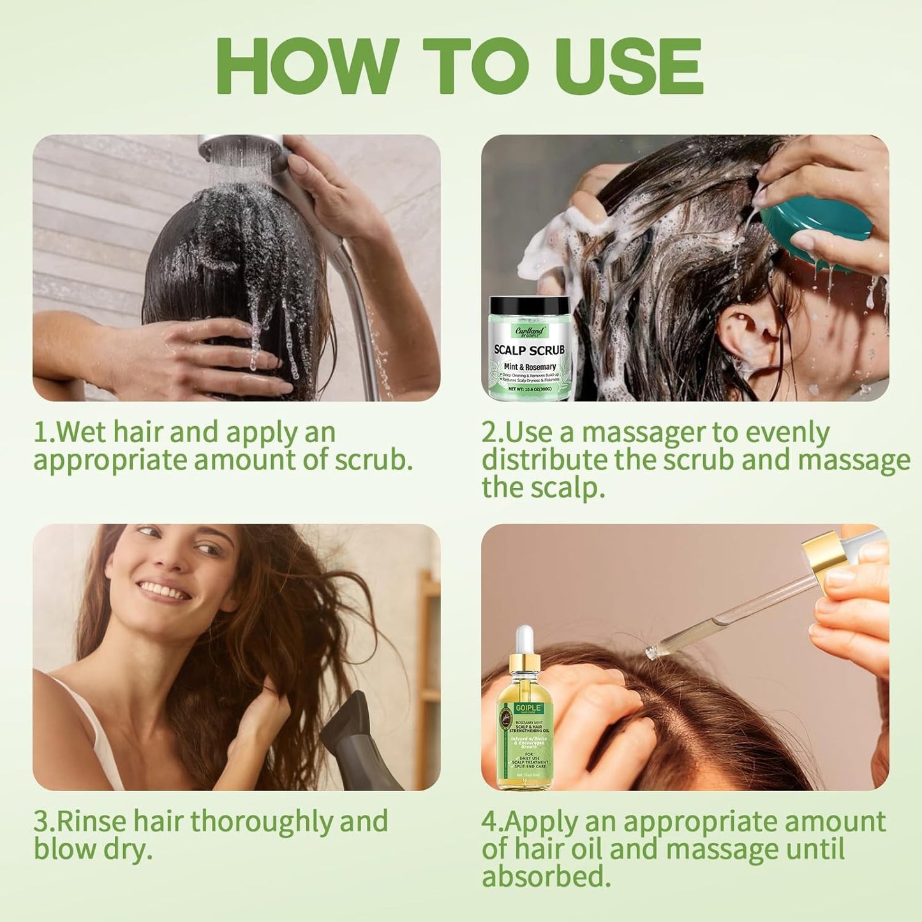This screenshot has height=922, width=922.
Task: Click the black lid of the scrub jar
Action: tap(530, 306)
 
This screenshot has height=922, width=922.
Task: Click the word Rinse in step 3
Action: tap(89, 822)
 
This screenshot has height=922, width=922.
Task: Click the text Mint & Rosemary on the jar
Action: tap(530, 367)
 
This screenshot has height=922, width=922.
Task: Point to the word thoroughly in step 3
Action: tap(262, 822)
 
